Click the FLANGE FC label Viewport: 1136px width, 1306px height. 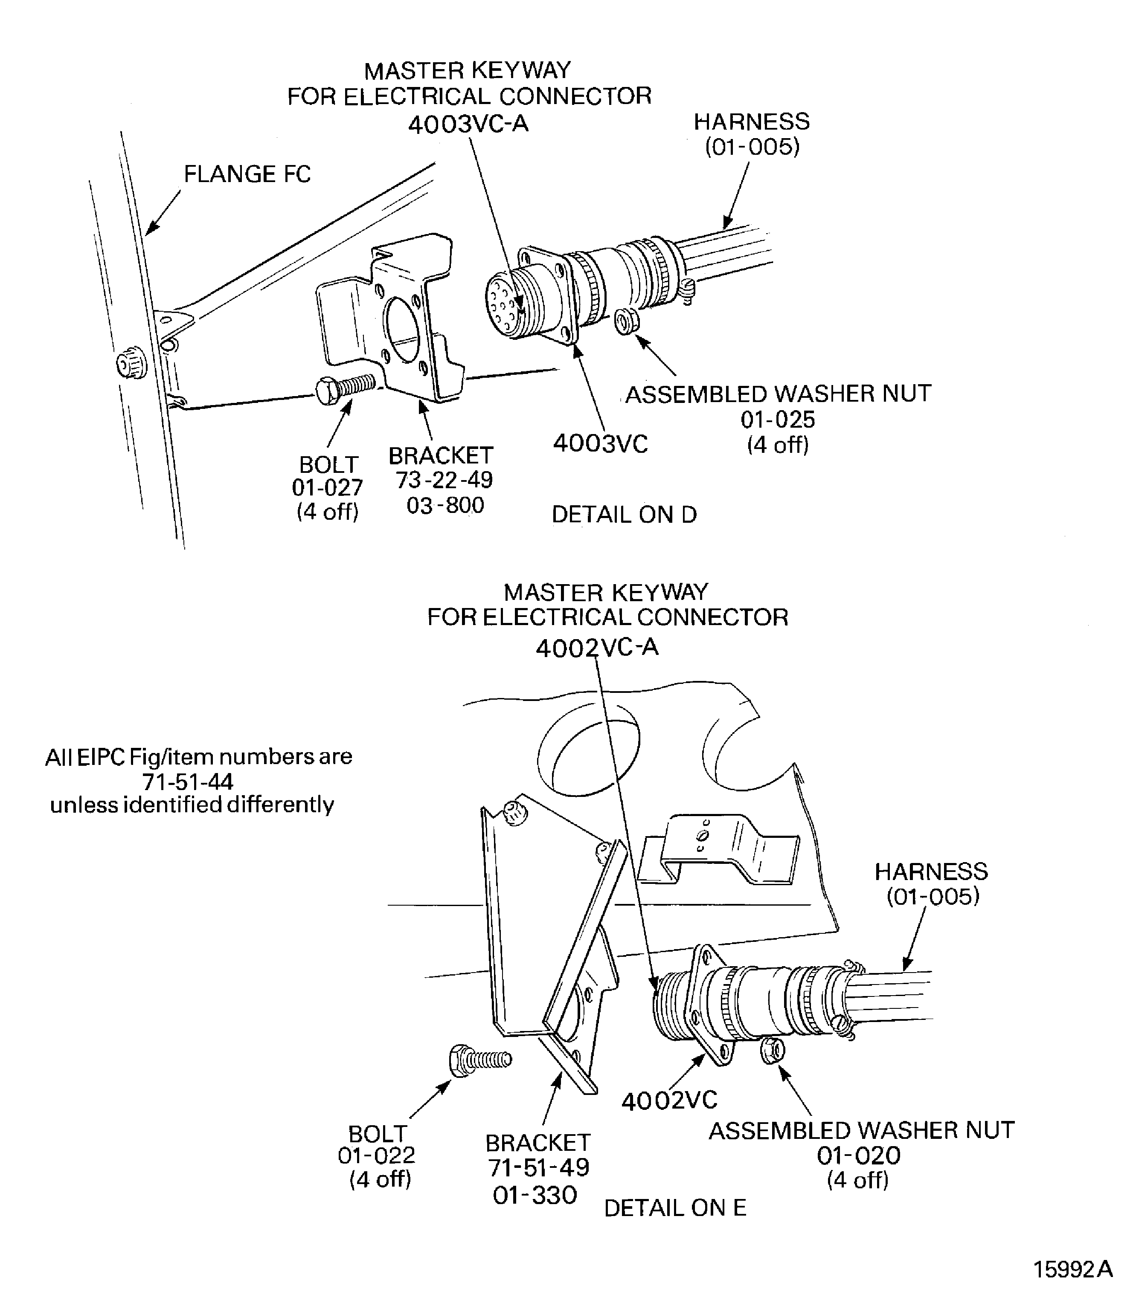pos(247,174)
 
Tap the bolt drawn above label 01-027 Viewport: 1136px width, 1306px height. pos(344,388)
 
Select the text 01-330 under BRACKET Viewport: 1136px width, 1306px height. pos(535,1195)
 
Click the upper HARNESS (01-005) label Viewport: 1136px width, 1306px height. pos(752,134)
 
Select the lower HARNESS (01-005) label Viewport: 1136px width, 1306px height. pos(931,883)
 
